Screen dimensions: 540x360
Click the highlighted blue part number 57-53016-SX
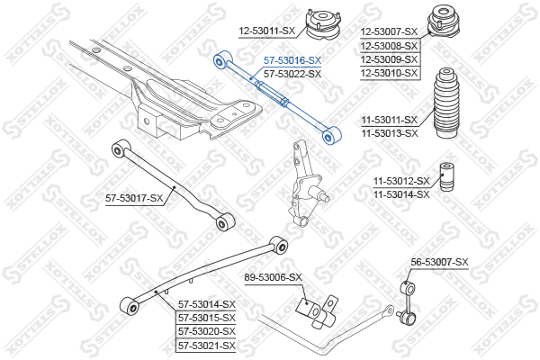pos(292,60)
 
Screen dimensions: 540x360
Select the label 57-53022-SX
pos(292,74)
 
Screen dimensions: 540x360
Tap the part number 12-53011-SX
pos(267,31)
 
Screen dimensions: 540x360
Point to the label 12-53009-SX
pos(389,59)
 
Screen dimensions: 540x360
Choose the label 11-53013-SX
pos(390,133)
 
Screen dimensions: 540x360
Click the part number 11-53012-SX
pos(402,181)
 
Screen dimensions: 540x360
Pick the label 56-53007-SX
pos(439,262)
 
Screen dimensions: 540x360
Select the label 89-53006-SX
pos(273,277)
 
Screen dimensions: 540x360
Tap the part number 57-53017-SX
pos(134,198)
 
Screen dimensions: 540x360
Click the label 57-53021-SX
pos(207,346)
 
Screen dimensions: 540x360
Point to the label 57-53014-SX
pos(207,304)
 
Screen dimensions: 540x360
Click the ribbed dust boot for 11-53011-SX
pos(446,103)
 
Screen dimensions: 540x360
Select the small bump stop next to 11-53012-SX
pos(447,178)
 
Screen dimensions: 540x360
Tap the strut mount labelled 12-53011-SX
pos(323,25)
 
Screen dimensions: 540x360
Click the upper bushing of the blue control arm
pos(222,60)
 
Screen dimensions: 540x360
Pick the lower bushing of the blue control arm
pos(331,136)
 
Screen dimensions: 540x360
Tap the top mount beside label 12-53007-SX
pos(444,22)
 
